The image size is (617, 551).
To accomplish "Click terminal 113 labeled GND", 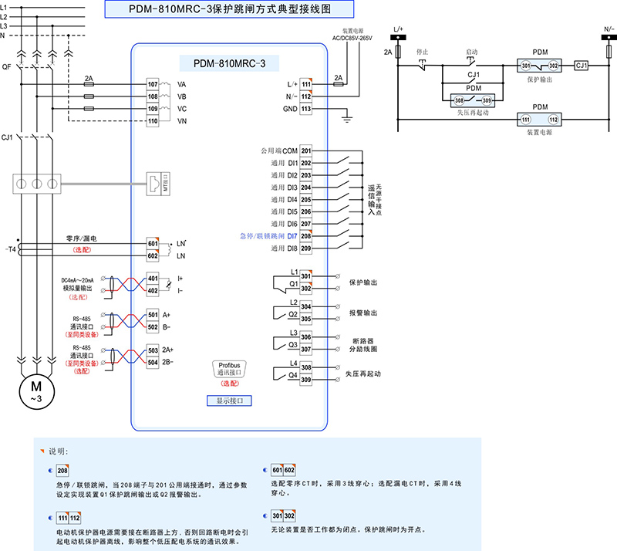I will tap(306, 110).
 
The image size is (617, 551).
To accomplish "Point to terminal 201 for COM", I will tap(306, 150).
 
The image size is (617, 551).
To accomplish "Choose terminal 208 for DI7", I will tap(306, 235).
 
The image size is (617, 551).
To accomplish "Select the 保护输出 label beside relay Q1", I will tap(363, 282).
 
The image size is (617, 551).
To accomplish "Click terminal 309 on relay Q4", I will tap(306, 380).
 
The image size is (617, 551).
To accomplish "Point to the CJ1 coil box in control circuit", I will tap(582, 66).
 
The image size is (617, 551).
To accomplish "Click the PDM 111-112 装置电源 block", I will tap(539, 120).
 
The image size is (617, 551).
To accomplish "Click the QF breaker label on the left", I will tap(7, 66).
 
